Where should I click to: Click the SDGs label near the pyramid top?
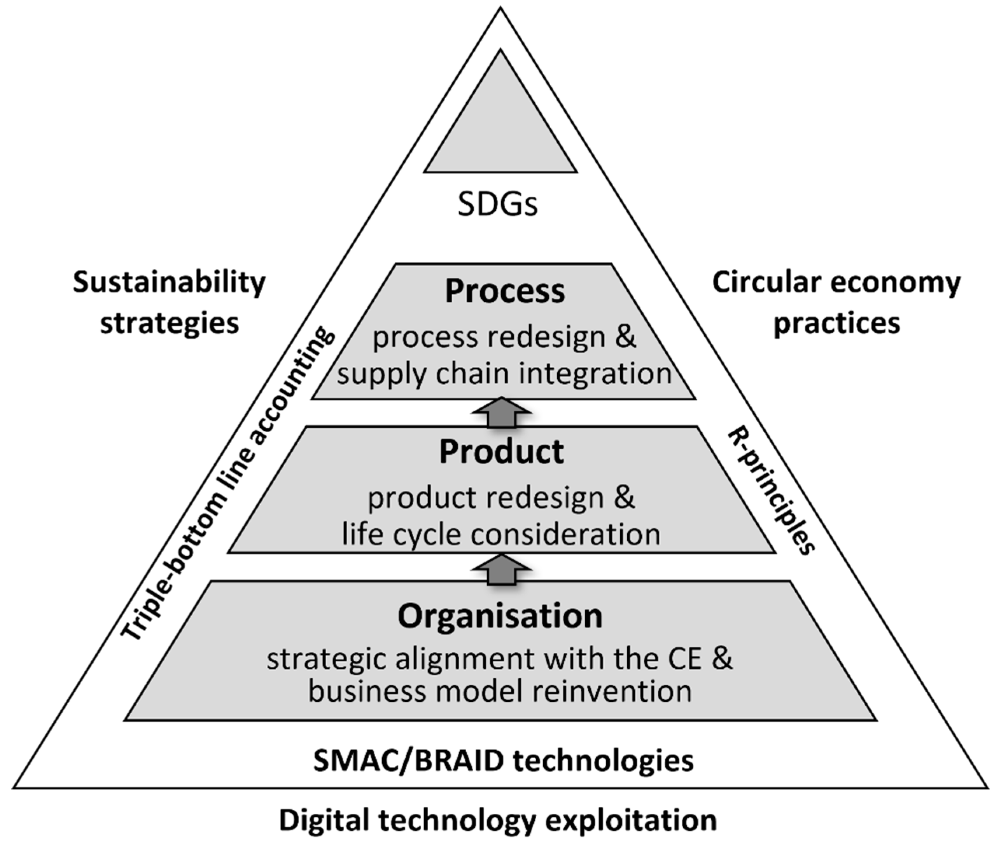[x=498, y=205]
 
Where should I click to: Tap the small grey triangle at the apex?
[x=500, y=129]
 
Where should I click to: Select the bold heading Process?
[x=505, y=292]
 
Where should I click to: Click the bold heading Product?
[x=501, y=452]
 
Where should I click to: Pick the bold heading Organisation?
[x=500, y=616]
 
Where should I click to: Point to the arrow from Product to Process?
[x=501, y=412]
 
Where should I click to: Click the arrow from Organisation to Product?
[x=501, y=568]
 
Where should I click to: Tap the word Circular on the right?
[x=766, y=282]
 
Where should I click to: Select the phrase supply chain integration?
[x=504, y=374]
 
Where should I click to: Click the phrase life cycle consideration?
[x=501, y=534]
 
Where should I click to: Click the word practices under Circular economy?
[x=837, y=324]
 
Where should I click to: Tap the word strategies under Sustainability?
[x=170, y=324]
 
